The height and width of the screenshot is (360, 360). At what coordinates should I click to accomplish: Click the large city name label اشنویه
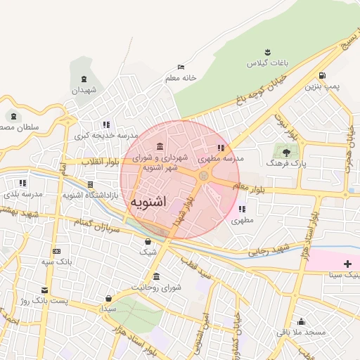pos(148,202)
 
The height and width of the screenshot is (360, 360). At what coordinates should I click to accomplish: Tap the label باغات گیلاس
pos(262,63)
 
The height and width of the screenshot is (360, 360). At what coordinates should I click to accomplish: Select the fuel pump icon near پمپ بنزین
pos(322,76)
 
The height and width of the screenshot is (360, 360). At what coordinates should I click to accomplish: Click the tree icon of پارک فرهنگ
pos(285,150)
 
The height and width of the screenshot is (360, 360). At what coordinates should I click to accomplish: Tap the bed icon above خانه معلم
pos(181,67)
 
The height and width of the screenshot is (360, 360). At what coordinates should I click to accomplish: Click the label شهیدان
pos(84,90)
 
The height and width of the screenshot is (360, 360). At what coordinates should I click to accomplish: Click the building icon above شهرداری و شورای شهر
pos(160,146)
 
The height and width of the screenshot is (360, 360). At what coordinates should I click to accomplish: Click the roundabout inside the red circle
pos(203,176)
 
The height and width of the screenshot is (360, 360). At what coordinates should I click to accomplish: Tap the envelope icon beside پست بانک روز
pos(46,290)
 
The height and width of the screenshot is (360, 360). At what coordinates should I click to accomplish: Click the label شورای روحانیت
pos(156,288)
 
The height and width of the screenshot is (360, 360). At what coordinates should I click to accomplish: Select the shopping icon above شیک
pos(148,242)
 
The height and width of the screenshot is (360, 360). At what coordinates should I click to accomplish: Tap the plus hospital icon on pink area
pos(347,263)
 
